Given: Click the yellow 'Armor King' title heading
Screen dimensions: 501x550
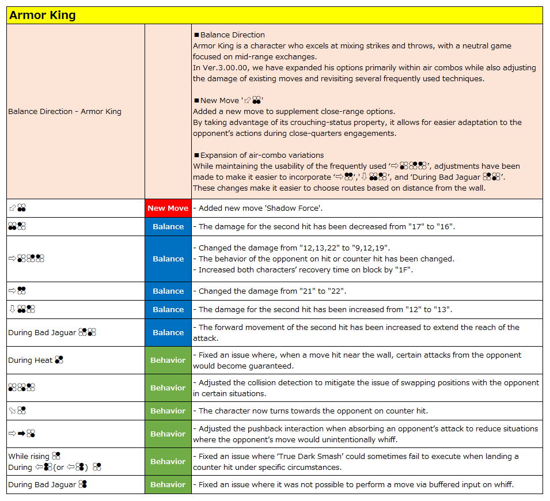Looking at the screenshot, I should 43,16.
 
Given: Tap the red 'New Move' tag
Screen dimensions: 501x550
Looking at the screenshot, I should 168,208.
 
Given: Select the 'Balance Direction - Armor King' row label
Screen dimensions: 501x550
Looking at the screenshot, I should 65,112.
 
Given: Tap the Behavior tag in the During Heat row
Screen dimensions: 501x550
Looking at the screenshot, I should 168,360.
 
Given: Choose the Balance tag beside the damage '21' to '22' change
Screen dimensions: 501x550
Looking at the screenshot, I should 168,291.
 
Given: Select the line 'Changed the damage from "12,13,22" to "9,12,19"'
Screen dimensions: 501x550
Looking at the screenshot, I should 294,248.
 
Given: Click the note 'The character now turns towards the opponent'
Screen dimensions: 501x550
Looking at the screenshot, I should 311,411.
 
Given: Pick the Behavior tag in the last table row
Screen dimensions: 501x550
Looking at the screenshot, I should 168,485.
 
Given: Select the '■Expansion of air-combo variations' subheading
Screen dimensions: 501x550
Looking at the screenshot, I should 258,155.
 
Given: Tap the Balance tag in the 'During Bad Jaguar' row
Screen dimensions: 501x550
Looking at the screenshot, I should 168,333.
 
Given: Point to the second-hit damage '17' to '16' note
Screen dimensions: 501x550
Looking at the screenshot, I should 327,227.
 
